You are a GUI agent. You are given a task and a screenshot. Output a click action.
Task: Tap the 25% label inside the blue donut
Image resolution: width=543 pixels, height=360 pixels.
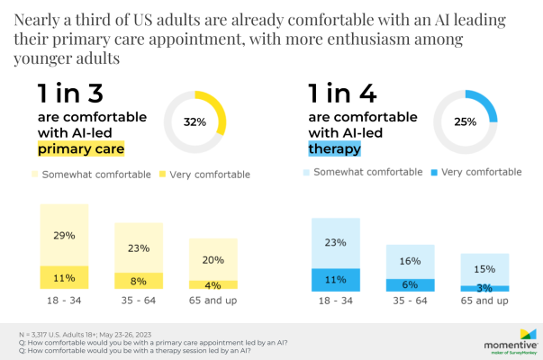pyautogui.click(x=466, y=121)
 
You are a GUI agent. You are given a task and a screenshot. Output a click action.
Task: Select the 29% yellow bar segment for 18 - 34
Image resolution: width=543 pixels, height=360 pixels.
pyautogui.click(x=64, y=235)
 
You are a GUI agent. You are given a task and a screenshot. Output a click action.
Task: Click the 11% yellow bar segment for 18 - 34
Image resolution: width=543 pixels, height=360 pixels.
pyautogui.click(x=64, y=277)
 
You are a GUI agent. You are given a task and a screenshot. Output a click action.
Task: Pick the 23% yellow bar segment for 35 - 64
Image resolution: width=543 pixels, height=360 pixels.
pyautogui.click(x=139, y=247)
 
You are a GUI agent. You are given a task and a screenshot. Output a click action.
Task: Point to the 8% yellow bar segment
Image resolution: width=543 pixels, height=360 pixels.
pyautogui.click(x=139, y=281)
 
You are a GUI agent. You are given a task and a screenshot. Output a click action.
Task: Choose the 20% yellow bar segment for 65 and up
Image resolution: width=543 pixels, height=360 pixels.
pyautogui.click(x=213, y=259)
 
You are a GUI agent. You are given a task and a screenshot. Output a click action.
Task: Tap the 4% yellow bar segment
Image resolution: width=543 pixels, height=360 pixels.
pyautogui.click(x=213, y=285)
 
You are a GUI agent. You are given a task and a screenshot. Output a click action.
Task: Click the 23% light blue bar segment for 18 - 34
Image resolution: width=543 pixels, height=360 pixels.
pyautogui.click(x=335, y=242)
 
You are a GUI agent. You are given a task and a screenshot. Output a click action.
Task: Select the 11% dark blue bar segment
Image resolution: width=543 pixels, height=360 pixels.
pyautogui.click(x=335, y=280)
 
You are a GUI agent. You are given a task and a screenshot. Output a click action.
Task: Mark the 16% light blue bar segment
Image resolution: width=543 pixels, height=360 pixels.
pyautogui.click(x=410, y=260)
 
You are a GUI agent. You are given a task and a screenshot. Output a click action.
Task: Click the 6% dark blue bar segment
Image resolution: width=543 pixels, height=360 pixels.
pyautogui.click(x=410, y=283)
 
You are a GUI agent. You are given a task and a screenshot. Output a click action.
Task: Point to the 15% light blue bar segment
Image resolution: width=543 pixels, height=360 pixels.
pyautogui.click(x=484, y=269)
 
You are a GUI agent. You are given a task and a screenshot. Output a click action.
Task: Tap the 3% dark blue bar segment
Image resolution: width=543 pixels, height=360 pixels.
pyautogui.click(x=484, y=288)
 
